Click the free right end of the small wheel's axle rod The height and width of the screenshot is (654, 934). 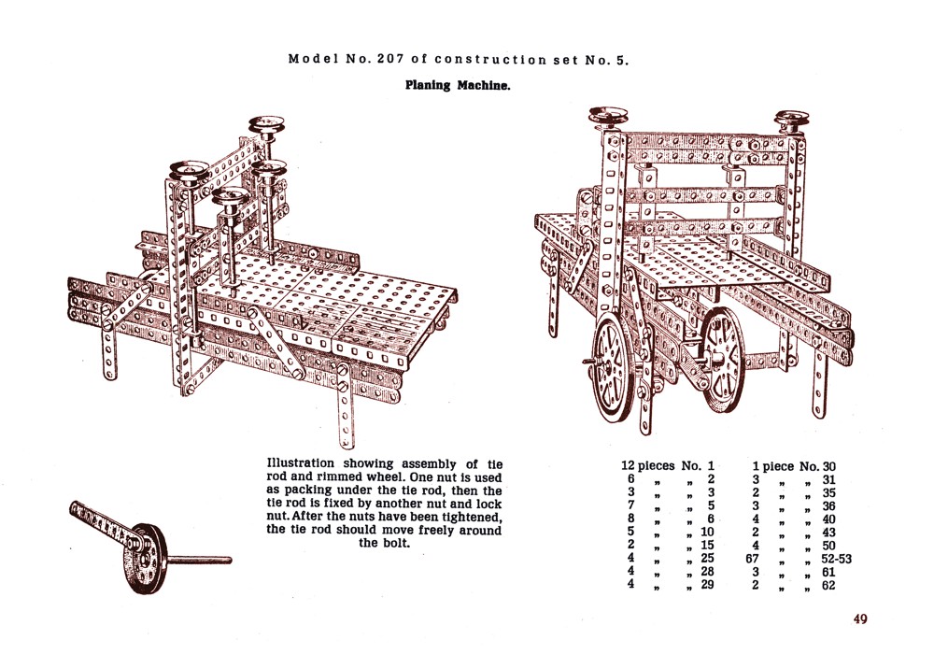(231, 560)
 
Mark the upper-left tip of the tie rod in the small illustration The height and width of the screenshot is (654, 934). (73, 506)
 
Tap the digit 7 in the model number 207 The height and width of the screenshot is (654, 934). (399, 59)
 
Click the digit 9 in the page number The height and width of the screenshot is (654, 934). (863, 618)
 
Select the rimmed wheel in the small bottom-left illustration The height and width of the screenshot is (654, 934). (144, 559)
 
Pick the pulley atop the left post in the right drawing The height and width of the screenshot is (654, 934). (608, 117)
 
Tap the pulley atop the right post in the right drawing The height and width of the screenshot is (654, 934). (792, 121)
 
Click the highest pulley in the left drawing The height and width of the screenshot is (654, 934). (266, 124)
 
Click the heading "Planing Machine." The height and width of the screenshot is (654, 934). (458, 85)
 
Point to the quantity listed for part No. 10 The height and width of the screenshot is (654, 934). (630, 532)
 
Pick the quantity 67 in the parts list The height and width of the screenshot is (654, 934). (752, 559)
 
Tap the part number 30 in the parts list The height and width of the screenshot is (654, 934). (828, 466)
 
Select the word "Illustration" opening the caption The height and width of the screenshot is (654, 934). (300, 463)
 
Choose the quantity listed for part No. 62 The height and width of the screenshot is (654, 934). (756, 585)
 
